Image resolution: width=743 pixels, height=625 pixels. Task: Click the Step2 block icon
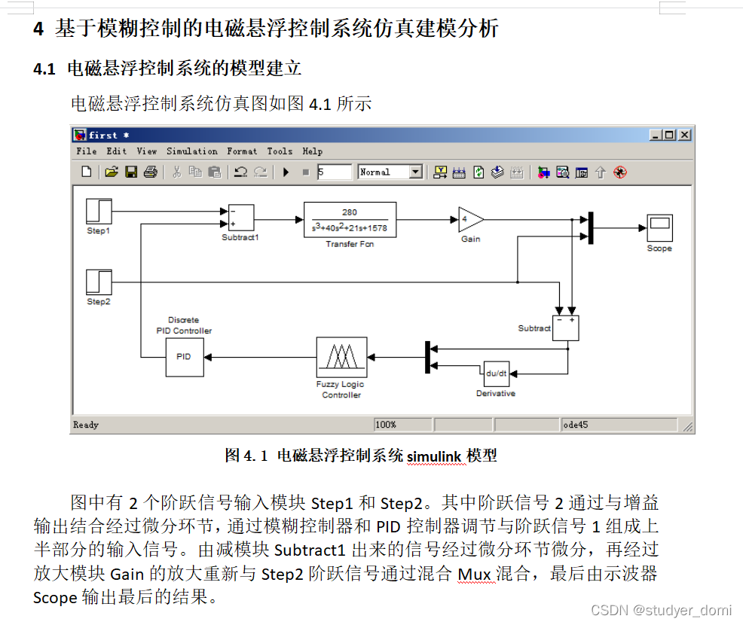(99, 282)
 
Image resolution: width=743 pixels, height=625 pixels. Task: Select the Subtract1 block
(240, 218)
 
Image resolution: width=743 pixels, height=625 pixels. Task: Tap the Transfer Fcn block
(350, 219)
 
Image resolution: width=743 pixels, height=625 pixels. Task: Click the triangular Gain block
(469, 220)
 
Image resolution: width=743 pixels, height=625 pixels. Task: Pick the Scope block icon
(659, 228)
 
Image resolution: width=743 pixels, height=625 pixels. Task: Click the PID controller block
(184, 357)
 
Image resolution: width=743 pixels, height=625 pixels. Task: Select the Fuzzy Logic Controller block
(341, 357)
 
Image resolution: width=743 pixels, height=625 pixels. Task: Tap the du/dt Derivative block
(496, 373)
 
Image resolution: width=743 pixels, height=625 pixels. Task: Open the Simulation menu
(191, 151)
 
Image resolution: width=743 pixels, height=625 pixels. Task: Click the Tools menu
(280, 151)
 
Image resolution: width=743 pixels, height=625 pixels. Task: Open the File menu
(87, 151)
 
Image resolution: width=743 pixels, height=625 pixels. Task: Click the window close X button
(683, 135)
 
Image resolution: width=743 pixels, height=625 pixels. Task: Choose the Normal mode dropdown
(390, 172)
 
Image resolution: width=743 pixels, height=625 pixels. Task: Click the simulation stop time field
(334, 172)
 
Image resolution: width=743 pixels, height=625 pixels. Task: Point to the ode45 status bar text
(576, 425)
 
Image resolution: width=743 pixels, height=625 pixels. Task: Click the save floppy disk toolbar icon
(131, 172)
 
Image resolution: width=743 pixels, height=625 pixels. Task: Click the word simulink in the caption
(435, 456)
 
